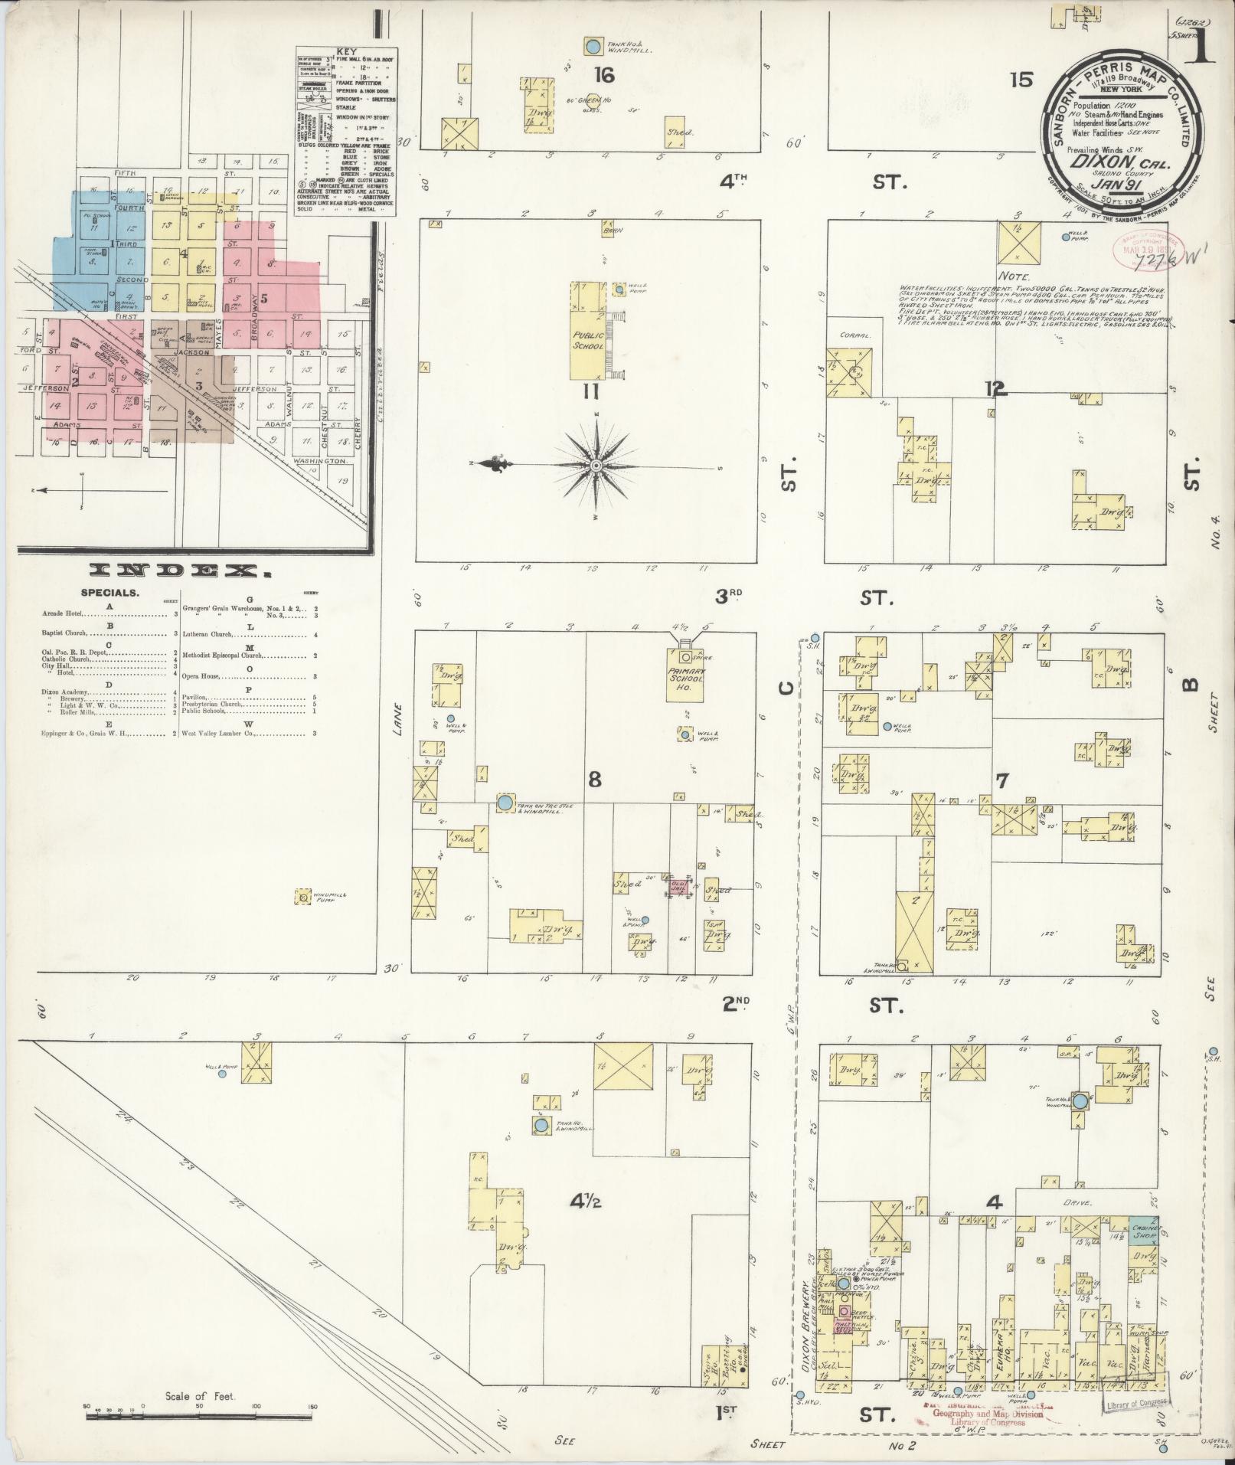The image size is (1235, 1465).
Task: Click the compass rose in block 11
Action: pyautogui.click(x=596, y=465)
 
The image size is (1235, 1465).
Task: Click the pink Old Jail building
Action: pyautogui.click(x=678, y=885)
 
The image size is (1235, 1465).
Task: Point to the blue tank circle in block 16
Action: pyautogui.click(x=592, y=47)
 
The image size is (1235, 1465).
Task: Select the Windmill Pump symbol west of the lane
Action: pyautogui.click(x=305, y=896)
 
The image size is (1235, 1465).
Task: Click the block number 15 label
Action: pyautogui.click(x=1021, y=79)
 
